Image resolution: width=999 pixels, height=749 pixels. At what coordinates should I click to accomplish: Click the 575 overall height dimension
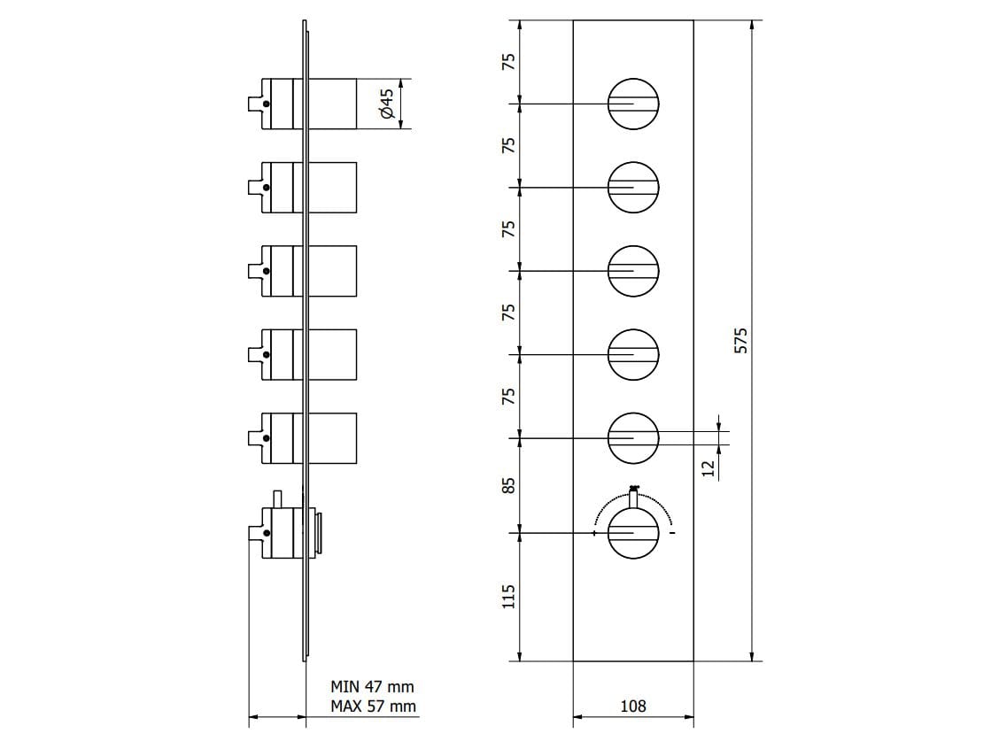[x=742, y=341]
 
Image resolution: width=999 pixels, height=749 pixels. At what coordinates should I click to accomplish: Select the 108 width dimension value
[x=633, y=706]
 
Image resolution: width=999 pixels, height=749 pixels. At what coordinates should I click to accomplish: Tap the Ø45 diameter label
[x=386, y=104]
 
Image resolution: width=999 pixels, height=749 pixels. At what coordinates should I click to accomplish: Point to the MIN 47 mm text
[x=372, y=686]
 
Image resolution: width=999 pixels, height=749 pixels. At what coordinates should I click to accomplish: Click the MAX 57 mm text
[x=373, y=706]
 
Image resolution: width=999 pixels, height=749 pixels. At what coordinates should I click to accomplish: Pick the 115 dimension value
[x=508, y=597]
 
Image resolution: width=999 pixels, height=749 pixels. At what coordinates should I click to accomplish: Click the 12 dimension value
[x=708, y=467]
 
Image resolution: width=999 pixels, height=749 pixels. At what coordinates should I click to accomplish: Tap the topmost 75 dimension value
[x=508, y=62]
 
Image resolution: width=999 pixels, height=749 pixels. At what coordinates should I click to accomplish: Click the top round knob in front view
[x=633, y=104]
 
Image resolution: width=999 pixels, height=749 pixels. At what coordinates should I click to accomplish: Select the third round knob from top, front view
[x=633, y=271]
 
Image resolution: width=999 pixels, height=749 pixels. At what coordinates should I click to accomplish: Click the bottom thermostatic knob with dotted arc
[x=633, y=533]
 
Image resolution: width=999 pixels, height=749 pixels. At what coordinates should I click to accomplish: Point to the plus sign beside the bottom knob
[x=594, y=533]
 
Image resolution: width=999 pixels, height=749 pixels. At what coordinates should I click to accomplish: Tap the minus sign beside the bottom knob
[x=672, y=533]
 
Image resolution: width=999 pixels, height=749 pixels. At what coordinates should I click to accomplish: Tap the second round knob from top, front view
[x=633, y=187]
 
